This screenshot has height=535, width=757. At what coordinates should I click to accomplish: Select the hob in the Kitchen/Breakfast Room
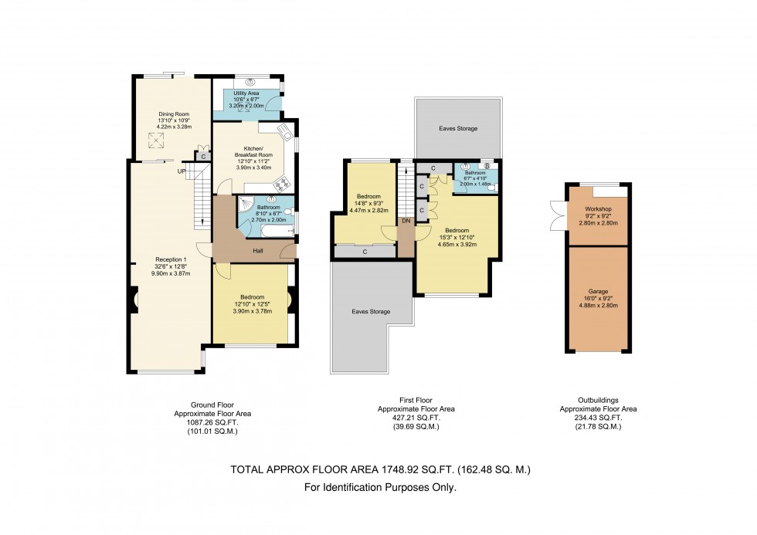click(x=282, y=184)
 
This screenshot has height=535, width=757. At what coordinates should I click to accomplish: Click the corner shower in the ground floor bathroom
click(x=245, y=205)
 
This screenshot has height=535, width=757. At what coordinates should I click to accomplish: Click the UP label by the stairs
click(x=182, y=171)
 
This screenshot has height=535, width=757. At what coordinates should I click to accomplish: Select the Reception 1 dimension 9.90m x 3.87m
click(x=171, y=273)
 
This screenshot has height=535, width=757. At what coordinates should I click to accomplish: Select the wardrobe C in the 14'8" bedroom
click(x=363, y=251)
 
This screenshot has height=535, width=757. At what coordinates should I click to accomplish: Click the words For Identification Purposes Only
click(x=380, y=487)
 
